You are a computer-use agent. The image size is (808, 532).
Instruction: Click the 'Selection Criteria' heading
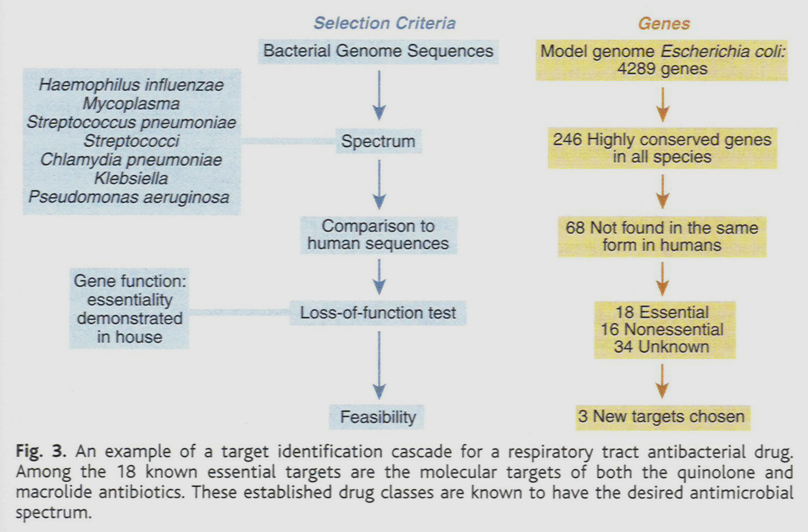coord(384,23)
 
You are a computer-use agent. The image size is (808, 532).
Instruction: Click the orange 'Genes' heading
coord(664,24)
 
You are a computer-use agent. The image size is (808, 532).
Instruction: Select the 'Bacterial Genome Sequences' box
coord(378,51)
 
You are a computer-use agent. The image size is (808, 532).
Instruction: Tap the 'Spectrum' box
coord(378,141)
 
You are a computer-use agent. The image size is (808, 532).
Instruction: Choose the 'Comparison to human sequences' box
coord(378,235)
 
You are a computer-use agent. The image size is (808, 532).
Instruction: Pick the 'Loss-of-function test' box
coord(378,313)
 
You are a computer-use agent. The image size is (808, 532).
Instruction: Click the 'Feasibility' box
coord(378,417)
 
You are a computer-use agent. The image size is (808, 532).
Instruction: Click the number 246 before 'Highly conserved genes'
coord(567,140)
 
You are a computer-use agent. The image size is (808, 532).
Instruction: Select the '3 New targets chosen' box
coord(662,417)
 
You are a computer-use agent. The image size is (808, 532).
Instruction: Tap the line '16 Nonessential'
coord(662,329)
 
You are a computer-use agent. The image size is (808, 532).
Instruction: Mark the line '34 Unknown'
coord(662,347)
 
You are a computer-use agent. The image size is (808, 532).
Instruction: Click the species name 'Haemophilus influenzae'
coord(131,85)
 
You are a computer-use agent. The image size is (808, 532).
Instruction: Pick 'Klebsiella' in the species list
coord(131,178)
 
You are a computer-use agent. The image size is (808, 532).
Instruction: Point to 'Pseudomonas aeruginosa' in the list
coord(129,197)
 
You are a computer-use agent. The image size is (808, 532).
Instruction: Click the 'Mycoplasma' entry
coord(131,103)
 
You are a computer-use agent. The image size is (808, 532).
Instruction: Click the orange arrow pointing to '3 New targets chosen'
coord(662,381)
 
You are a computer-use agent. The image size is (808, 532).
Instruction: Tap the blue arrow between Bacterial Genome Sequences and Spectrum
coord(379,96)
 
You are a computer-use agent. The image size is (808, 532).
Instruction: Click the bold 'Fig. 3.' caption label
coord(41,451)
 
